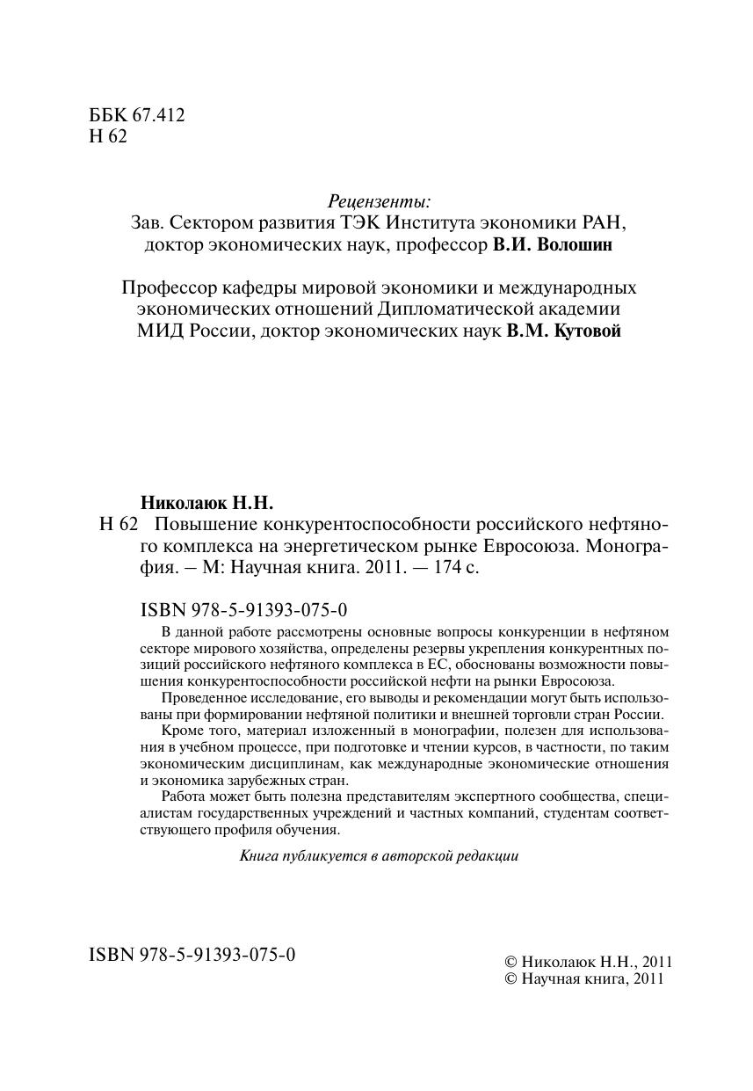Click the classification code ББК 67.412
click(137, 116)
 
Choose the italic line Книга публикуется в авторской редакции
click(379, 855)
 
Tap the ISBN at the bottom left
click(192, 955)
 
